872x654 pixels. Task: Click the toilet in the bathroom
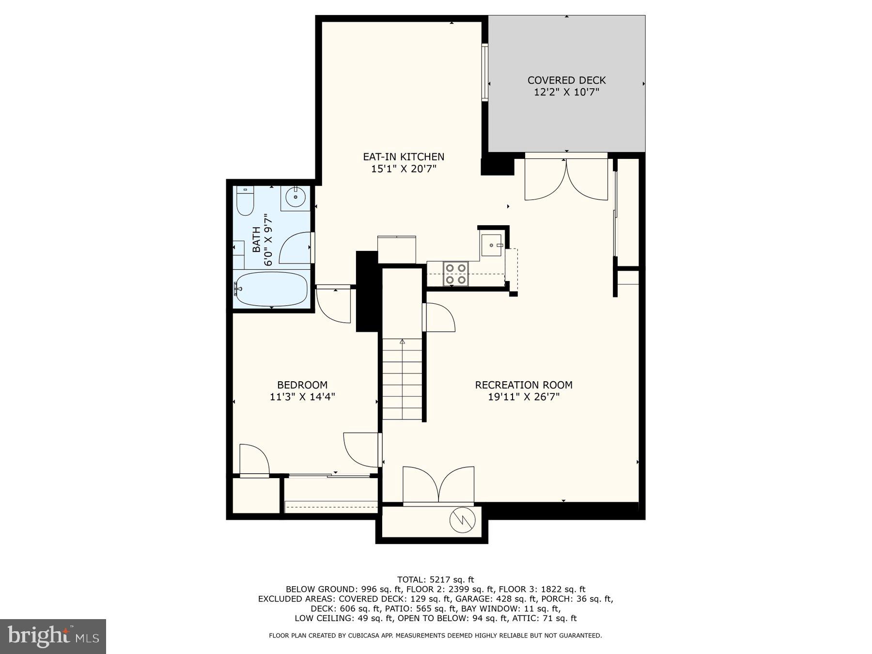tap(245, 201)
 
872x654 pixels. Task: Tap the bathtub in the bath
tap(271, 289)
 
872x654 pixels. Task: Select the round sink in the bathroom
tap(295, 197)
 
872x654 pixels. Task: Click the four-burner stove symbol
tap(456, 274)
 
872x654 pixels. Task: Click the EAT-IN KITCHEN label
tap(404, 157)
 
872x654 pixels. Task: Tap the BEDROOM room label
tap(302, 385)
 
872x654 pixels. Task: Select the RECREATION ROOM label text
tap(524, 385)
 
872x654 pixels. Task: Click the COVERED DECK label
tap(566, 80)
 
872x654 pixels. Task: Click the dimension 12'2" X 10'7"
tap(566, 93)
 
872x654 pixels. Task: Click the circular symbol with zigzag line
tap(463, 521)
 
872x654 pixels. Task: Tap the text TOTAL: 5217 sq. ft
tap(436, 579)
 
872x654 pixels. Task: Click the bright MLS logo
tap(53, 636)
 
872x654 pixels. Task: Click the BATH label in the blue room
tap(256, 239)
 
